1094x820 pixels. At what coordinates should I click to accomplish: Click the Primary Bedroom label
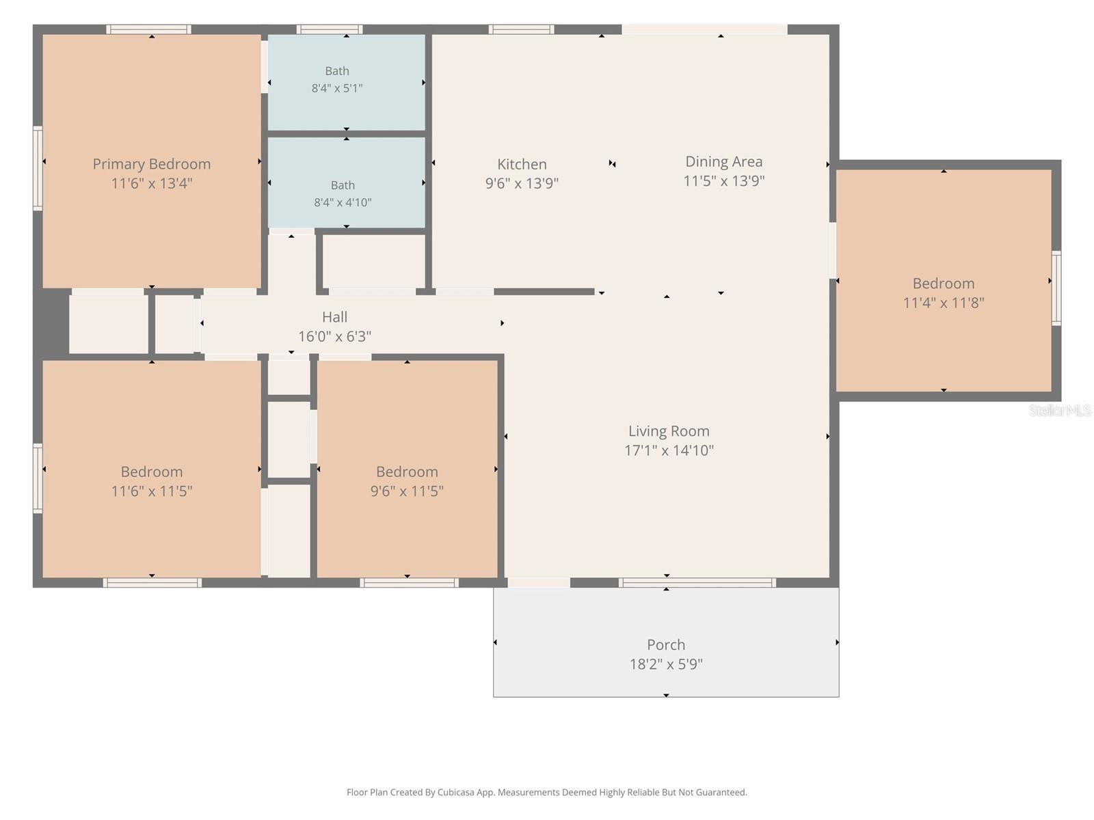coord(152,164)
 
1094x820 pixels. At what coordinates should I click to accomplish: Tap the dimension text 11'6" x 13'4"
coord(152,183)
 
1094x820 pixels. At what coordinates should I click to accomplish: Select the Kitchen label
coord(522,164)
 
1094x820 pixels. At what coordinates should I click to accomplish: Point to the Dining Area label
coord(723,162)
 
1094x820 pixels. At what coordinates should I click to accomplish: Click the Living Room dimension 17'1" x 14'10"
coord(669,450)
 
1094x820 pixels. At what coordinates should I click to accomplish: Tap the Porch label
coord(666,645)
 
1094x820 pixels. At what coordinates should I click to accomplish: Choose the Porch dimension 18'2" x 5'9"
coord(666,664)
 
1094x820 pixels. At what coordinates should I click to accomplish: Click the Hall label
coord(334,317)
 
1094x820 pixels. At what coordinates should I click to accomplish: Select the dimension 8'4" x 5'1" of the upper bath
coord(337,88)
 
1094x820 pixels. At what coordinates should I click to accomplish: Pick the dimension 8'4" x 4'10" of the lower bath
coord(343,202)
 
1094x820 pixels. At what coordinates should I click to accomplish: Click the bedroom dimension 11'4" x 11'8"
coord(944,303)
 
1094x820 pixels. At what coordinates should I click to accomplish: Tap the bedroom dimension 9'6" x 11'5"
coord(407,491)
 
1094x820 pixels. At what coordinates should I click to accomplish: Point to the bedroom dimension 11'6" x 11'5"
coord(152,491)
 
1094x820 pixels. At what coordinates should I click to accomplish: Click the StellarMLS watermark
coord(1059,410)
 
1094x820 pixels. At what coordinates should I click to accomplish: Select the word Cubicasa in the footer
coord(455,792)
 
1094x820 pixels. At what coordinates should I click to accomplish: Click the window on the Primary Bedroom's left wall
coord(38,168)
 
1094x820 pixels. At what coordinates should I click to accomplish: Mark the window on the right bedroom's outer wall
coord(1056,288)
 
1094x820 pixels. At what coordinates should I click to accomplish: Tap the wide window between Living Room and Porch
coord(697,582)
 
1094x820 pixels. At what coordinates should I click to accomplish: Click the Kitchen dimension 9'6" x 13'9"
coord(522,183)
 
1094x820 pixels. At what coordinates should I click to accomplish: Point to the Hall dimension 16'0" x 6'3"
coord(334,337)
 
